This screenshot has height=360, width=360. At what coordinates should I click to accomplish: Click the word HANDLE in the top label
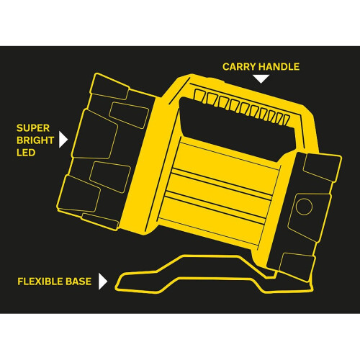(279, 67)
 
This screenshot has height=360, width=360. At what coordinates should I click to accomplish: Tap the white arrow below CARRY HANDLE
(261, 79)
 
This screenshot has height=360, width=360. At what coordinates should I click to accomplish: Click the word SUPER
(33, 128)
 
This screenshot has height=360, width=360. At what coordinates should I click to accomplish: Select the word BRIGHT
(35, 140)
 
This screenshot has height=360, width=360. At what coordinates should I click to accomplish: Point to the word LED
(26, 153)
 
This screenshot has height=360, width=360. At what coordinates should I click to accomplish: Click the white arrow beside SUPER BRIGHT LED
(63, 140)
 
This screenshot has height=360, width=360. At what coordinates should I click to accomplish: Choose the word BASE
(78, 282)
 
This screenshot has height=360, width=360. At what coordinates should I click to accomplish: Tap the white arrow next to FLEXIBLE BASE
(103, 281)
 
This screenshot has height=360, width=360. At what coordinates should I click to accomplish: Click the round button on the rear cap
(304, 207)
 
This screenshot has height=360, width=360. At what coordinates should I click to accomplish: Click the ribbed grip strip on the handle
(242, 107)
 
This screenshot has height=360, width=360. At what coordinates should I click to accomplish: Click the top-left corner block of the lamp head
(109, 87)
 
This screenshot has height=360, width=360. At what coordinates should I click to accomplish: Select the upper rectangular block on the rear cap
(322, 167)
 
